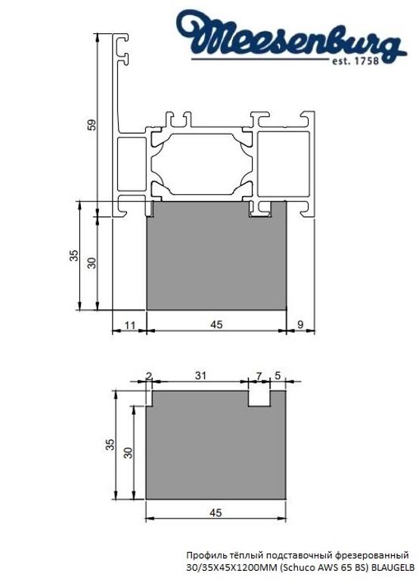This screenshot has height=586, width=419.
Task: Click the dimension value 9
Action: tap(301, 324)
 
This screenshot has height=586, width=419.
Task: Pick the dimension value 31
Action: tap(200, 375)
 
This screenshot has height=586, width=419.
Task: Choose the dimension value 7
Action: tap(259, 375)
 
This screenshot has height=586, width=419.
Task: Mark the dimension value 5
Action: tap(278, 375)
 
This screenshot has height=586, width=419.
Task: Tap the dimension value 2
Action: tap(148, 375)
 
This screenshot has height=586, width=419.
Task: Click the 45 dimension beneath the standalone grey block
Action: tap(216, 513)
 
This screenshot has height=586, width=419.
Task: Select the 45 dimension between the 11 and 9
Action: tap(216, 324)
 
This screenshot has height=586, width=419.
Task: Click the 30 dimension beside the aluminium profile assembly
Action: tap(92, 262)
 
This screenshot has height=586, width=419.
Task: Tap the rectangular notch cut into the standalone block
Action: tap(259, 398)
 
